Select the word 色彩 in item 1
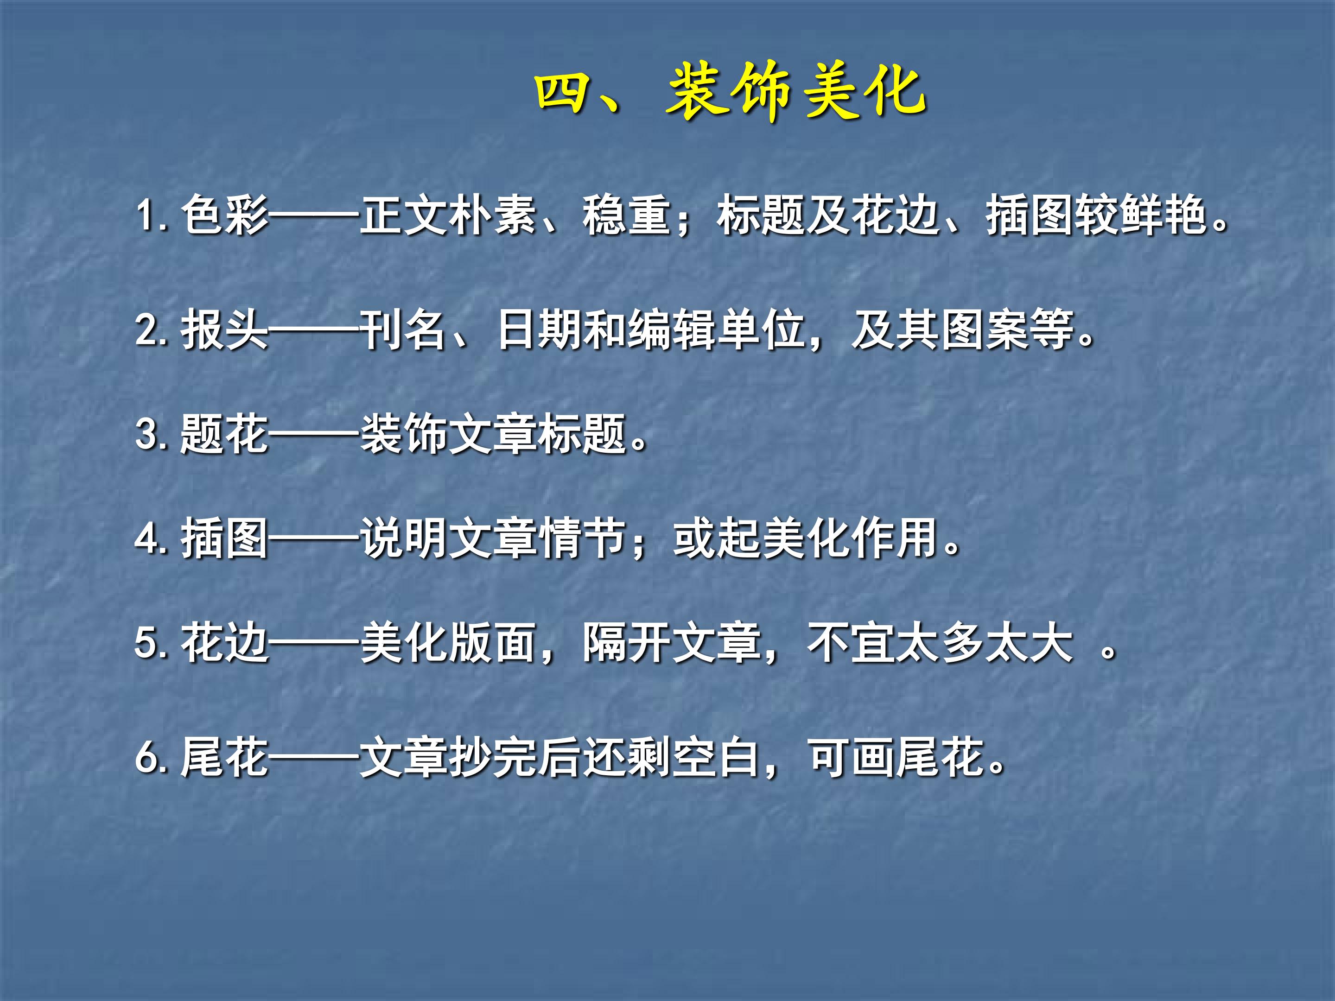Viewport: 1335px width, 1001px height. tap(224, 215)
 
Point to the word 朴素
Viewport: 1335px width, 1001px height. tap(492, 215)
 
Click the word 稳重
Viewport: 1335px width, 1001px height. tap(626, 215)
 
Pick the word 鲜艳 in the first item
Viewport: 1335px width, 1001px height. tap(1163, 215)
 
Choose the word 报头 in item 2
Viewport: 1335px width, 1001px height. tap(224, 330)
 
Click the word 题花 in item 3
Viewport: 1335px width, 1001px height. tap(224, 434)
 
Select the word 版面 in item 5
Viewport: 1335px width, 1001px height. tap(492, 643)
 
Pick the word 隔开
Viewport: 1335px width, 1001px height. tap(626, 643)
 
